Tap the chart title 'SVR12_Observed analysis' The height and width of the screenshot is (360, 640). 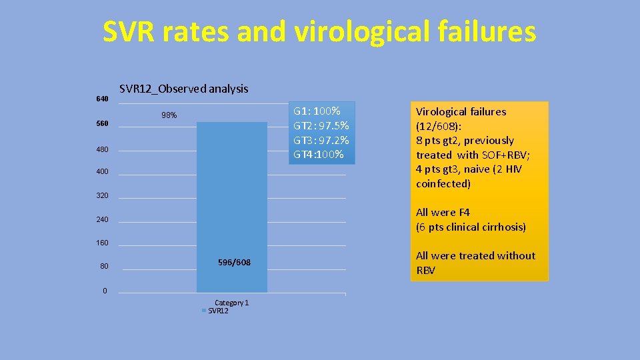tap(183, 89)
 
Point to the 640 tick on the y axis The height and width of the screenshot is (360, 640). tap(102, 99)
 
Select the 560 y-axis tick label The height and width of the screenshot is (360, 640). tap(102, 124)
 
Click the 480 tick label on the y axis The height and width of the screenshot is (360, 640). tap(102, 149)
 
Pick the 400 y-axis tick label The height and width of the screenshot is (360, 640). tap(102, 173)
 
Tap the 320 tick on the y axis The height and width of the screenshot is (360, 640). tap(102, 197)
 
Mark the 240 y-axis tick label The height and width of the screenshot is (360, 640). tap(102, 220)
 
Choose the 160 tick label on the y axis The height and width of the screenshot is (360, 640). tap(102, 243)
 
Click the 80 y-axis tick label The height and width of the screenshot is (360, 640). tap(104, 267)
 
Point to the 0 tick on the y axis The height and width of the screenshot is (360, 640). tap(105, 291)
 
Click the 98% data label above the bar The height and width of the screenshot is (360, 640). tap(169, 115)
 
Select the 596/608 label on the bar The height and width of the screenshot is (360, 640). tap(234, 262)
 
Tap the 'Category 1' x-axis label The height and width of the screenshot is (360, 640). tap(231, 303)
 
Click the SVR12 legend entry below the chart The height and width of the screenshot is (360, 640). tap(218, 311)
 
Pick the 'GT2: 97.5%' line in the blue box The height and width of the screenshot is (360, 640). tap(321, 125)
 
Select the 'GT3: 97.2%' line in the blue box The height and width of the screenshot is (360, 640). tap(321, 140)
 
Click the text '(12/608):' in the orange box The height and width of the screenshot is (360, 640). tap(438, 126)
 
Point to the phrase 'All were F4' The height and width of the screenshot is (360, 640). tap(443, 213)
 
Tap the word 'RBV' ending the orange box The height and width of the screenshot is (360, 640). tap(426, 270)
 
